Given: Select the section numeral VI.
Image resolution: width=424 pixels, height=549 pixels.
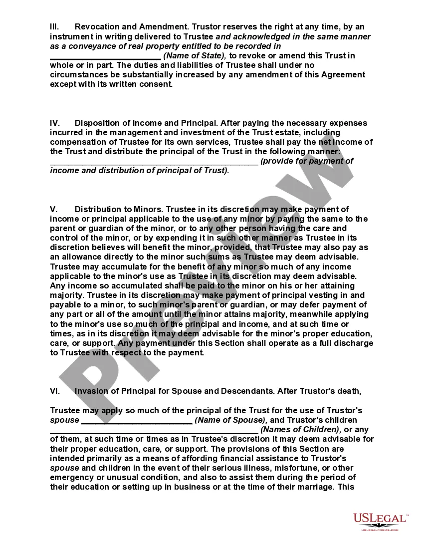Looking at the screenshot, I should tap(55, 391).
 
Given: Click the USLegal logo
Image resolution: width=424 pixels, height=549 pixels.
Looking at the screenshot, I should tap(380, 519).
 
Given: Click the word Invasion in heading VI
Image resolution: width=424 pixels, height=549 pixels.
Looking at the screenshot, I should tap(90, 391).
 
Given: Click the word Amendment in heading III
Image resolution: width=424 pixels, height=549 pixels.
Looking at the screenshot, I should tap(162, 26).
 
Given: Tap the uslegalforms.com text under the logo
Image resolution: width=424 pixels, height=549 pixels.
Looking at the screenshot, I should tap(380, 530).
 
